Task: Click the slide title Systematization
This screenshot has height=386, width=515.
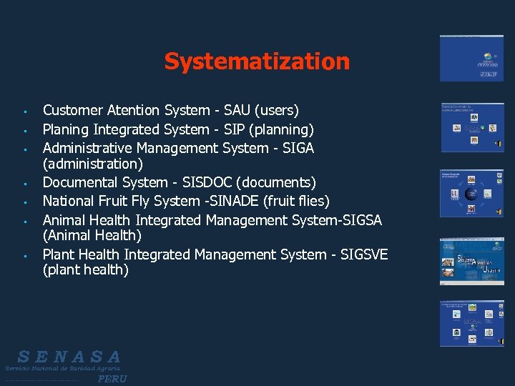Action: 257,61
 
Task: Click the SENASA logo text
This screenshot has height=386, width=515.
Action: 69,357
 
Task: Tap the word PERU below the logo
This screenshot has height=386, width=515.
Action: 112,379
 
